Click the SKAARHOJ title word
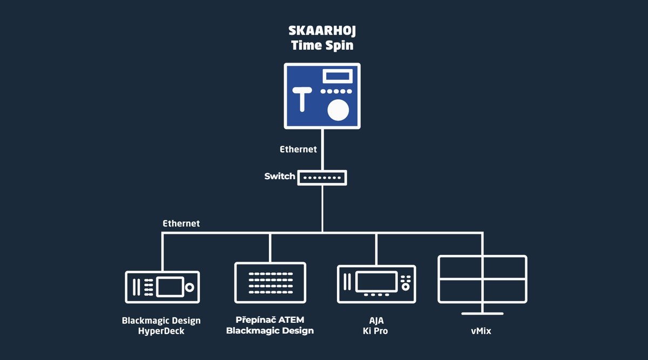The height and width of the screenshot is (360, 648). [x=322, y=31]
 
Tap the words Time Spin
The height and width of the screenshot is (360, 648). [x=322, y=45]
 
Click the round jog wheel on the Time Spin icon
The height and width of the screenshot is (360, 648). [x=338, y=110]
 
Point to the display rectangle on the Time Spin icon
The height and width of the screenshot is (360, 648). [x=337, y=76]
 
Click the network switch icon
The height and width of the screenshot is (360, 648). [x=322, y=178]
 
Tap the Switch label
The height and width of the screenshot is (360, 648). [x=280, y=176]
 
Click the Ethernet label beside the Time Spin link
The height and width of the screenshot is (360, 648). [x=298, y=149]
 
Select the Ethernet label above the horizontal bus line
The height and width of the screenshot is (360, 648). [x=181, y=223]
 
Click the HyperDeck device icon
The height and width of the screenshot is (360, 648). [x=163, y=287]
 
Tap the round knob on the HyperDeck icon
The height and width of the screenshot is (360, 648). [x=190, y=287]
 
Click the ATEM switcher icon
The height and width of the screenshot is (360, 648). [x=270, y=282]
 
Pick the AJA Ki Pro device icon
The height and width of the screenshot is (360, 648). [x=376, y=284]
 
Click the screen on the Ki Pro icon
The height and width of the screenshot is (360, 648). [x=376, y=282]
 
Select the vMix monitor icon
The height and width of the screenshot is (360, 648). [x=482, y=285]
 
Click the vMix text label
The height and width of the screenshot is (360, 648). [x=481, y=331]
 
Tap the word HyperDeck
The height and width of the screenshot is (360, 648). [x=161, y=331]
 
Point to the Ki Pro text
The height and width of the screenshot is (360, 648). [x=375, y=331]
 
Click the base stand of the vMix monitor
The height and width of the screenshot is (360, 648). [x=482, y=314]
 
